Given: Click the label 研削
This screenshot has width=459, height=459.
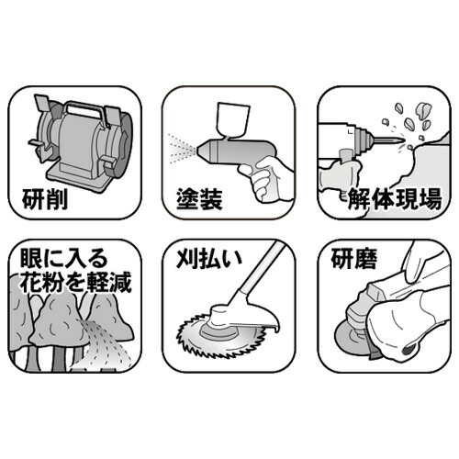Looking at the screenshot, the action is click(x=45, y=200).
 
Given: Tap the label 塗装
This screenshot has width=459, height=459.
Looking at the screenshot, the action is click(x=199, y=199).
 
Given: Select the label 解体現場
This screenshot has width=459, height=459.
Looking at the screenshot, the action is click(x=395, y=199).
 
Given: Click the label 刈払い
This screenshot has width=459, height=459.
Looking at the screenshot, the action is click(x=209, y=259).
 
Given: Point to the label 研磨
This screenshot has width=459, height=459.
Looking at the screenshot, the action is click(x=354, y=259).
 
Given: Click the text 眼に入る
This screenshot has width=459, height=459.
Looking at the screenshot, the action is click(x=64, y=258).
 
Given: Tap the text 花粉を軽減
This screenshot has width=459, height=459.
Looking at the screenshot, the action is click(x=75, y=282).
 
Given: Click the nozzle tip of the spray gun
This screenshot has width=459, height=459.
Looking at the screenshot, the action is click(x=200, y=150).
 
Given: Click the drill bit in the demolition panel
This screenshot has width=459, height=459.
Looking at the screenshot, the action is click(x=388, y=140).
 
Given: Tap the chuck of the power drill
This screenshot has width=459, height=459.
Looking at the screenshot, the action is click(x=363, y=140).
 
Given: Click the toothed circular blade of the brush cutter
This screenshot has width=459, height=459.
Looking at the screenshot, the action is click(x=221, y=336).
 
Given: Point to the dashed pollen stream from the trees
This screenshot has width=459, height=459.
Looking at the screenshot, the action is click(x=103, y=342).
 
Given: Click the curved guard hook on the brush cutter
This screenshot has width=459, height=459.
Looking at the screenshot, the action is click(x=273, y=324).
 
